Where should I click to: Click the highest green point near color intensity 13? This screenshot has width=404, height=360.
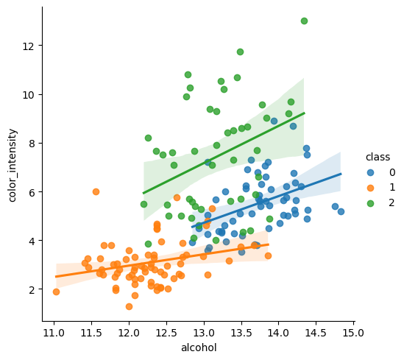[x=304, y=21]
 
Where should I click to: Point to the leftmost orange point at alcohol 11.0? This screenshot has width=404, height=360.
[x=56, y=292]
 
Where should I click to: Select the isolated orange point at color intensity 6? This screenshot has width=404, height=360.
[x=96, y=191]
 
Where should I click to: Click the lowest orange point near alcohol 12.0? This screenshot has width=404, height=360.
[x=129, y=306]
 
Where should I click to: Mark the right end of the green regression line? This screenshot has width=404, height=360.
[x=304, y=113]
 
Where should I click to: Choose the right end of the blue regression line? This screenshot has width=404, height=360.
[x=341, y=174]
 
